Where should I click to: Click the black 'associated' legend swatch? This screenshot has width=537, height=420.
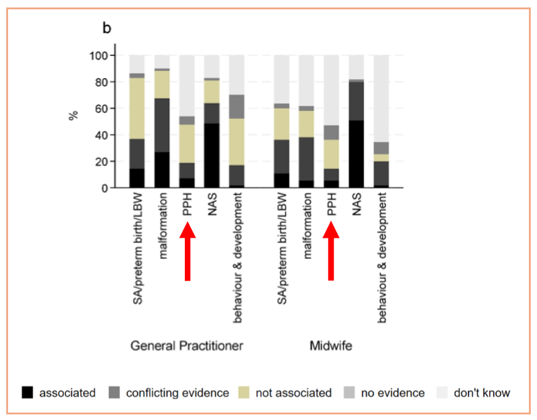27,392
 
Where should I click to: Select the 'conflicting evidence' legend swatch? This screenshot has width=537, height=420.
114,392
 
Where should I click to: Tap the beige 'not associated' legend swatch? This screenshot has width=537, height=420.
244,392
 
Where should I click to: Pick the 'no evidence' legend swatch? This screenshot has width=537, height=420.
349,392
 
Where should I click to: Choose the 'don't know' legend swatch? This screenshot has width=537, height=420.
442,392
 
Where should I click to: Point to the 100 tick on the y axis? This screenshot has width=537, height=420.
99,55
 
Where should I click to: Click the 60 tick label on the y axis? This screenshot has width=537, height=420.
101,109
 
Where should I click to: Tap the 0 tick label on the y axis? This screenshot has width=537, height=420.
105,188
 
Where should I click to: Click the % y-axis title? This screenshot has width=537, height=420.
73,116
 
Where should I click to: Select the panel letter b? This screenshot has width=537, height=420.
107,28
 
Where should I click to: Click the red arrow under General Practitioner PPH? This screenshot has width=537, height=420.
188,251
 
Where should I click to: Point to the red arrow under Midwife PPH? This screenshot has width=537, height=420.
331,251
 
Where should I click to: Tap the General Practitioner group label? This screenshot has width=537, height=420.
187,346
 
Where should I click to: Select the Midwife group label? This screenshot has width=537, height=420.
331,346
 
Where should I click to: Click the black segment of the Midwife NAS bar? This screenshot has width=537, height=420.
357,154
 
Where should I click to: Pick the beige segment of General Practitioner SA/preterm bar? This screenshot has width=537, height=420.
137,109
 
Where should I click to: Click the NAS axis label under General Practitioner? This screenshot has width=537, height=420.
212,204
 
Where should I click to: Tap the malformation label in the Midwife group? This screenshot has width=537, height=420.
308,225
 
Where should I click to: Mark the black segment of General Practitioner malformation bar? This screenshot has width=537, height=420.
162,170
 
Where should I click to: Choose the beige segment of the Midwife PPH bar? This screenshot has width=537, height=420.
332,154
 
